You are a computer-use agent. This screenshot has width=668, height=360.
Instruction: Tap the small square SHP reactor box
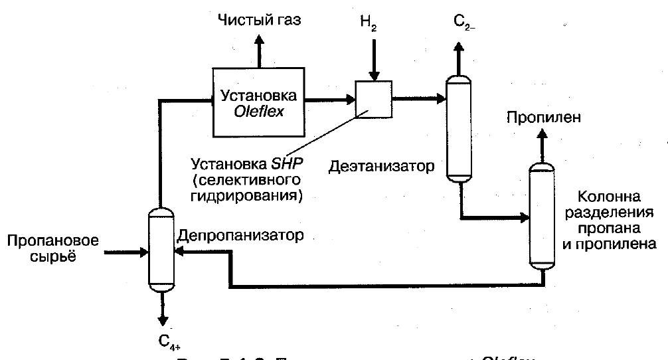373,99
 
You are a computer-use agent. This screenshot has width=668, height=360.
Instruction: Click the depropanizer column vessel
159,248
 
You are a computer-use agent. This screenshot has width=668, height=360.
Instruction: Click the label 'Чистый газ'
260,20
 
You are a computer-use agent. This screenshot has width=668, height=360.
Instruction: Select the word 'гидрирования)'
246,195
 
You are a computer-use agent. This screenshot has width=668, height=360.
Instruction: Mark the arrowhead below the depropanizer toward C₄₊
160,319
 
